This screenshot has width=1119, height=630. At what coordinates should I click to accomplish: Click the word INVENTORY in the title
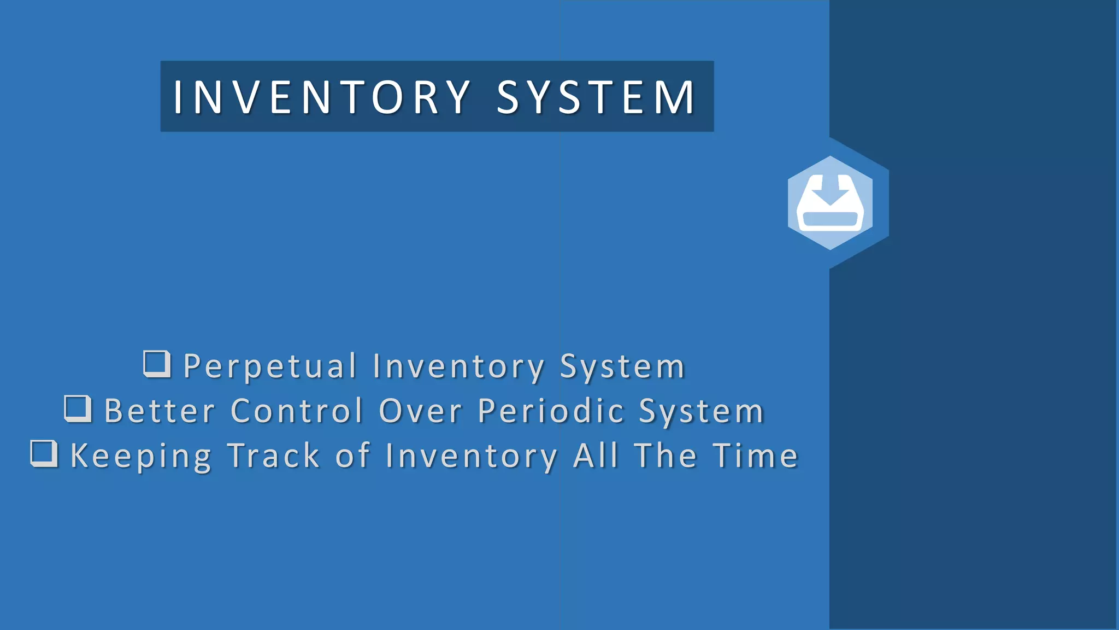[x=322, y=97]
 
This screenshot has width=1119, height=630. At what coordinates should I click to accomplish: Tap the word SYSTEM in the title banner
[x=596, y=97]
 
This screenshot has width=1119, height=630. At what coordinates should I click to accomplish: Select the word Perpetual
[x=270, y=366]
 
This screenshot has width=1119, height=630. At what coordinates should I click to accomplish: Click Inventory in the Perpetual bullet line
[x=459, y=366]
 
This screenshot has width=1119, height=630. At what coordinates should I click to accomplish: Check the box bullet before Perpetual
[x=157, y=364]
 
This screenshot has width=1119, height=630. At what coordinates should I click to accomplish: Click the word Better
[x=160, y=411]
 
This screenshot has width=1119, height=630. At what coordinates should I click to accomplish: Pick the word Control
[x=297, y=411]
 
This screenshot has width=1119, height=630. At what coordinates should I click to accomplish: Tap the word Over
[x=421, y=411]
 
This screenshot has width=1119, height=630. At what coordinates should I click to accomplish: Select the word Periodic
[x=551, y=411]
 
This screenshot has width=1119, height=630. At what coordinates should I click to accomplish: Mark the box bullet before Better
[x=78, y=409]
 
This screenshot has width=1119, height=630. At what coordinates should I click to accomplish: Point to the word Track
[x=273, y=456]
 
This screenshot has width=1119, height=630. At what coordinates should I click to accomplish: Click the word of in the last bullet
[x=352, y=456]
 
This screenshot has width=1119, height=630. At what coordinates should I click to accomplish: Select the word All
[x=596, y=456]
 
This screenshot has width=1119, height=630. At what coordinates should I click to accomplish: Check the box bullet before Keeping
[x=44, y=454]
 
